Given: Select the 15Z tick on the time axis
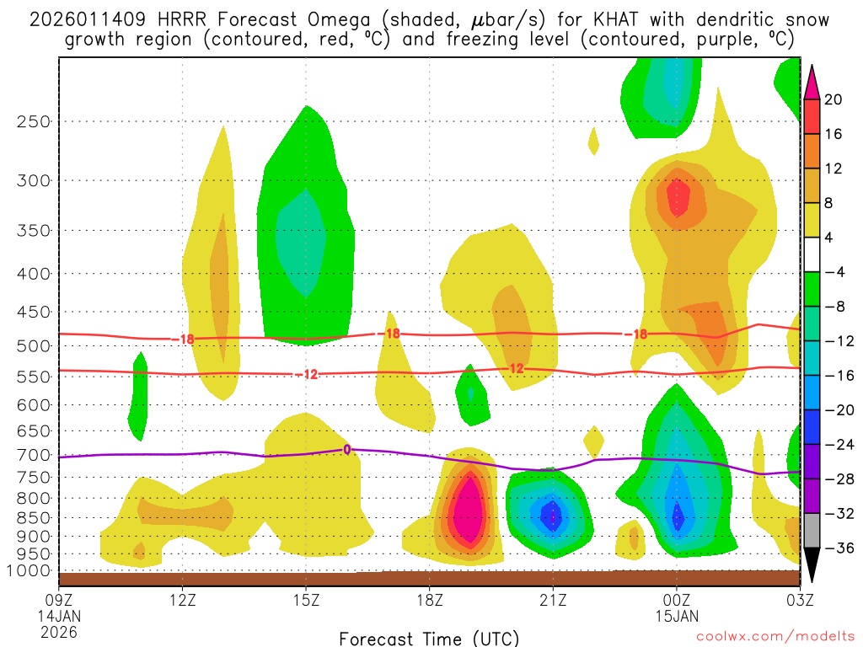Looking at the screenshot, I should pyautogui.click(x=306, y=600).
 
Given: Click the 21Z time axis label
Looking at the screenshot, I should pyautogui.click(x=553, y=600).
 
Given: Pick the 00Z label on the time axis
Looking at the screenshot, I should pyautogui.click(x=676, y=600).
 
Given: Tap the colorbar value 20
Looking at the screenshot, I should pyautogui.click(x=834, y=99).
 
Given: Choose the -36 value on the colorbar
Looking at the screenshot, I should pyautogui.click(x=838, y=548).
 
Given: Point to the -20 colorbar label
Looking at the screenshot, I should pyautogui.click(x=838, y=410).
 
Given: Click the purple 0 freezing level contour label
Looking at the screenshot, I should pyautogui.click(x=346, y=450).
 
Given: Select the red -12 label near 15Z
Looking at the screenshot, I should pyautogui.click(x=309, y=374).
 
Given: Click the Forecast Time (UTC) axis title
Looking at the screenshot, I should pyautogui.click(x=429, y=638).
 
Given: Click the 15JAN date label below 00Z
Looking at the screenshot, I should pyautogui.click(x=676, y=616).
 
